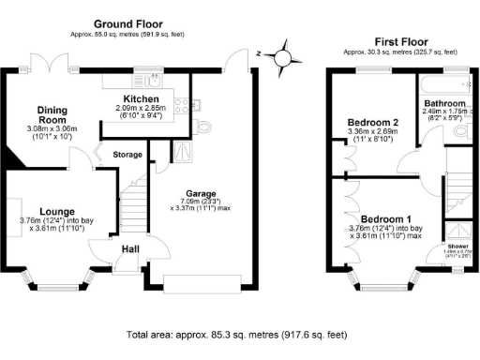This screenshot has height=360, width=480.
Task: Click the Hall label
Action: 133,249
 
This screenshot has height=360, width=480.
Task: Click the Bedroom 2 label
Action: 373,123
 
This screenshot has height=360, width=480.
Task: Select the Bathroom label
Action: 444,102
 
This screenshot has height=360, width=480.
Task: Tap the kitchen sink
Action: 153,80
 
